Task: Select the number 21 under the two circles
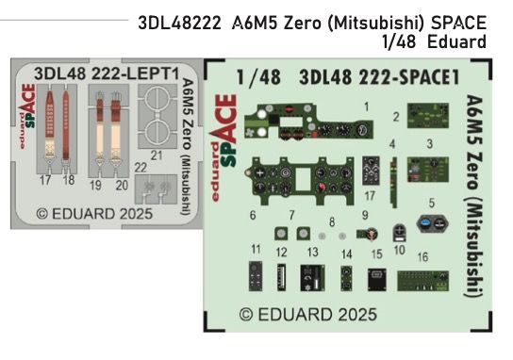pos(157,155)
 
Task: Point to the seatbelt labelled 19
pos(97,132)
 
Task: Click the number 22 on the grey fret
pos(140,168)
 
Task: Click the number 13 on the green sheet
pos(312,253)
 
